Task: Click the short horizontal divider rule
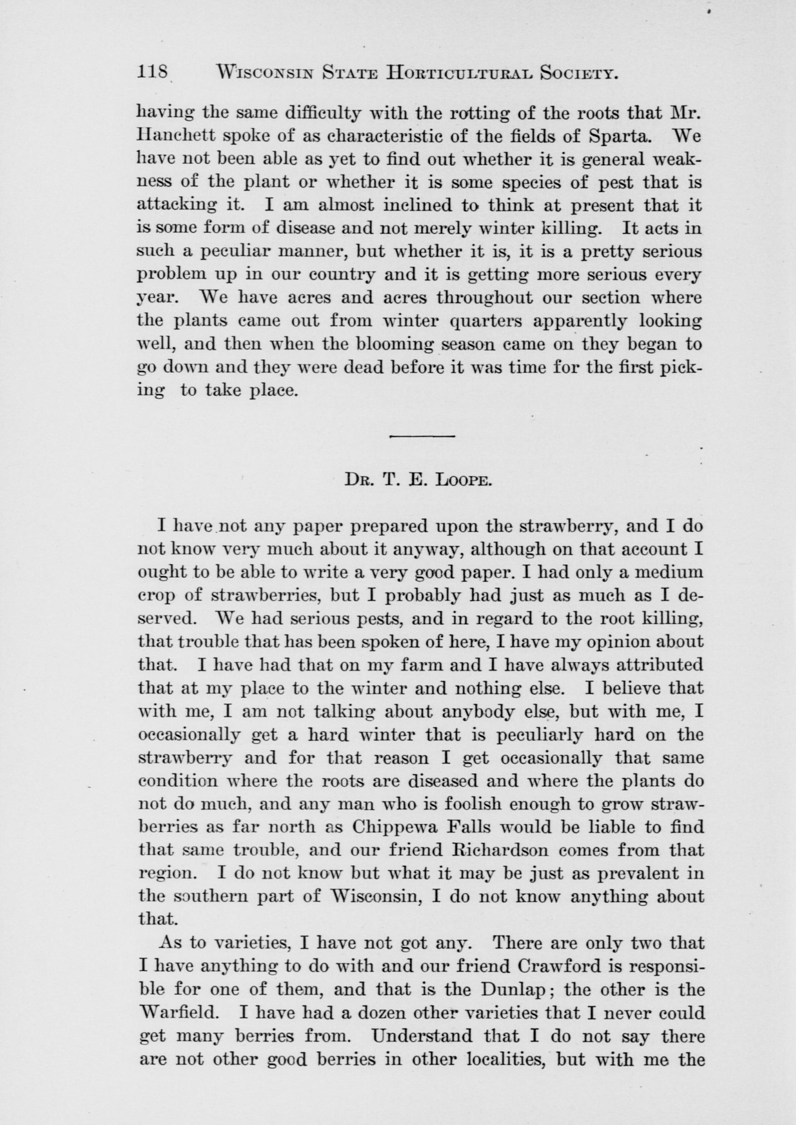pyautogui.click(x=422, y=435)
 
